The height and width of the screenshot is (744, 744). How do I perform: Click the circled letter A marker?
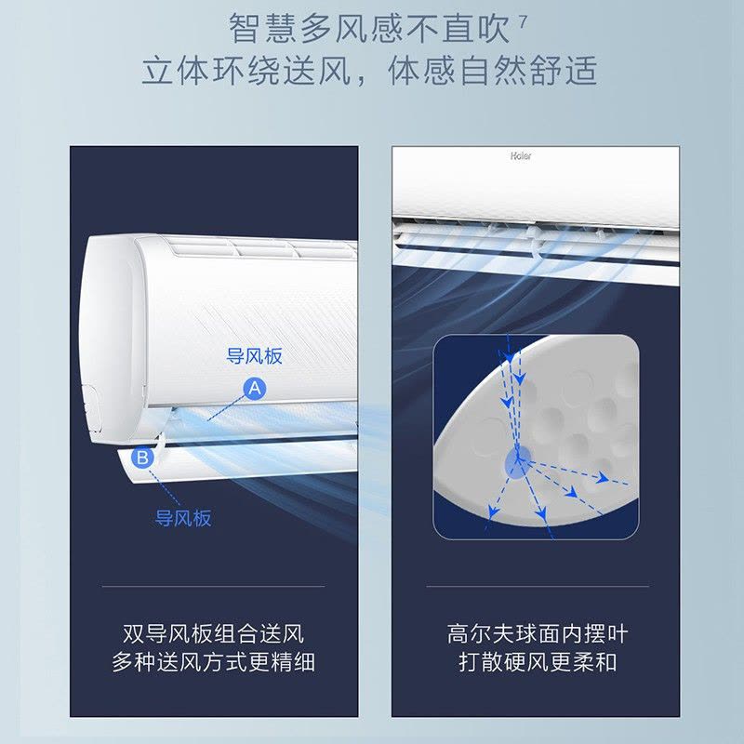(x=255, y=389)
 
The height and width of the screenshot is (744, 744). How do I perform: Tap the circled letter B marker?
(x=142, y=458)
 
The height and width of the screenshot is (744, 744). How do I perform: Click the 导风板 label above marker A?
(x=254, y=356)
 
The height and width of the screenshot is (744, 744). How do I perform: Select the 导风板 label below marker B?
(x=183, y=518)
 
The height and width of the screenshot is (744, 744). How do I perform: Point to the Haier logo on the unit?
(x=521, y=155)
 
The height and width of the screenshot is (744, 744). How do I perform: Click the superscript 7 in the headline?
(x=523, y=21)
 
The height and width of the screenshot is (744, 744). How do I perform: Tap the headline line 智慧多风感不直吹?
(x=369, y=29)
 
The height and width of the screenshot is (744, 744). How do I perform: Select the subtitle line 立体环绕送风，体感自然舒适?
(x=369, y=71)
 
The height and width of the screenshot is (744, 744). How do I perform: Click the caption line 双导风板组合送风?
(x=214, y=634)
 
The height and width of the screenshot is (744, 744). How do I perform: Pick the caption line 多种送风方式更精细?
(x=214, y=662)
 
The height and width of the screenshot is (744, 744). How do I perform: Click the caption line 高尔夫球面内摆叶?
(x=538, y=634)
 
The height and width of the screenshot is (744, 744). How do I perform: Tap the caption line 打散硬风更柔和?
(x=538, y=662)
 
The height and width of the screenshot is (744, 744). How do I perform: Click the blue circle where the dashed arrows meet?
(x=519, y=461)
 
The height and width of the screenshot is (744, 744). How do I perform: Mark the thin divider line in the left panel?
(x=214, y=587)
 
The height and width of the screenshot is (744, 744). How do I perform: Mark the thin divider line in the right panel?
(x=538, y=587)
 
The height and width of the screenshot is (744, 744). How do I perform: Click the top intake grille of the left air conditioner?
(x=261, y=246)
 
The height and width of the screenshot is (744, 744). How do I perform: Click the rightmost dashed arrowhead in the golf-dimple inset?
(x=602, y=477)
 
